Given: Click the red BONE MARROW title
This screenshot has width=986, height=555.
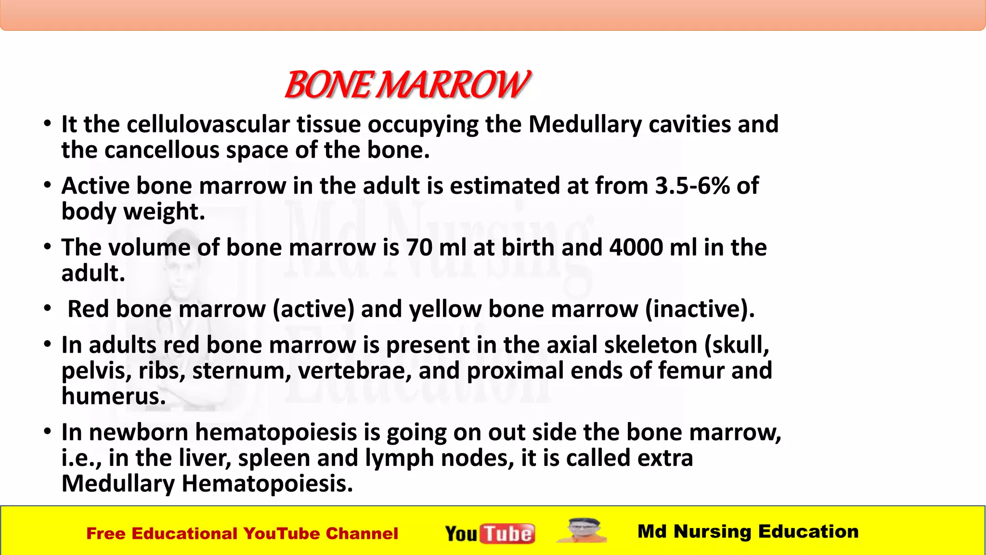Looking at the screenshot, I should (x=407, y=85).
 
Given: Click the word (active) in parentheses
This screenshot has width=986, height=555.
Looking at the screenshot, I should (x=313, y=309).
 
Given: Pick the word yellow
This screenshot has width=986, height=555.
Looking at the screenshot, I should (x=445, y=309).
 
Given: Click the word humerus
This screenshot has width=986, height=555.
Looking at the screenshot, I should (x=114, y=396).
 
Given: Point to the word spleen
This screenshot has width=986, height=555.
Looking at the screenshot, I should (x=274, y=458).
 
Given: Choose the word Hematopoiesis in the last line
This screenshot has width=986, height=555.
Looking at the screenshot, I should (x=267, y=484).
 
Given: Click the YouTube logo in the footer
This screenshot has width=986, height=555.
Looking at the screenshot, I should (x=490, y=533).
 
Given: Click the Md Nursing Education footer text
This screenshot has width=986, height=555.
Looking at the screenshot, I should (x=748, y=531).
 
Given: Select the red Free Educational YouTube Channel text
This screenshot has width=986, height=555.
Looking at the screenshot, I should (x=242, y=534).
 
